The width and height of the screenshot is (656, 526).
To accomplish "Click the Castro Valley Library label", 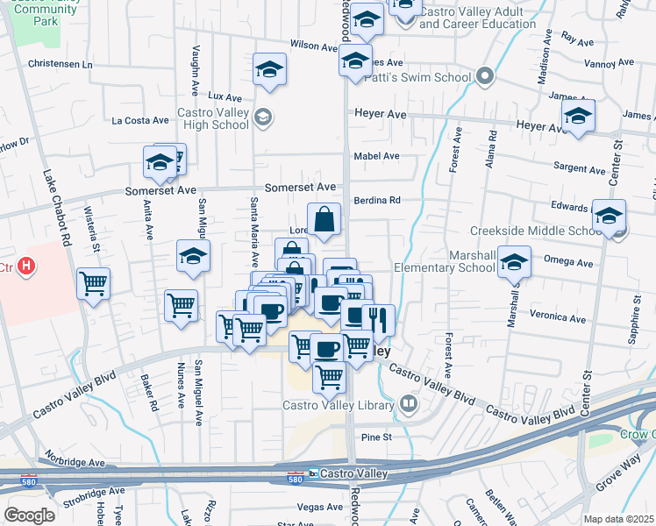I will point(340,404).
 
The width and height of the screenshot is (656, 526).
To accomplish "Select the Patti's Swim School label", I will point(429,77).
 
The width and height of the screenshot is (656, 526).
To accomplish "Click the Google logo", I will point(29,515).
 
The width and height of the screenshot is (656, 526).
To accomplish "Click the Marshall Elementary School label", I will point(445,261).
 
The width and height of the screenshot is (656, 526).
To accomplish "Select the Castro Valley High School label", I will point(213,118).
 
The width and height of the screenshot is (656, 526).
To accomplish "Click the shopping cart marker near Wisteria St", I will point(92,283).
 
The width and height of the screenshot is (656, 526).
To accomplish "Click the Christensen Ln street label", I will point(60,65).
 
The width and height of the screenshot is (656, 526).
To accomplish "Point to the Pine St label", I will point(375,436).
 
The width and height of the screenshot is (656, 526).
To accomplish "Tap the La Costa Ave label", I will point(140,120).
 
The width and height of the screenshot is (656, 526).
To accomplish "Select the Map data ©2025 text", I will point(619,519).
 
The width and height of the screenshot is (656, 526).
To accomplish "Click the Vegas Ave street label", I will point(320,507).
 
